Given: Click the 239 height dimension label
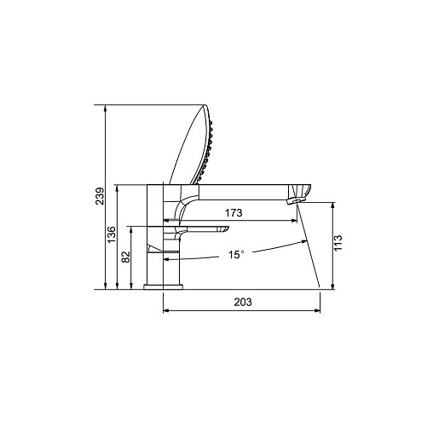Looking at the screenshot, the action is coord(100,196).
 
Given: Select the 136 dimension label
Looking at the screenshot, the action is coord(112,234).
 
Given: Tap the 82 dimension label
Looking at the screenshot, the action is coord(125,257).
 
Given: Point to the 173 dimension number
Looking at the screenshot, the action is coord(234,212).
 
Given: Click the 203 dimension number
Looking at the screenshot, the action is coord(243,302).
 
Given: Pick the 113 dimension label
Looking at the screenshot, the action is coord(338,243).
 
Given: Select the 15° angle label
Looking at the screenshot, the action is coord(236,255).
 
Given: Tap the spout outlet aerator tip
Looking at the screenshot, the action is coord(295,201).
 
